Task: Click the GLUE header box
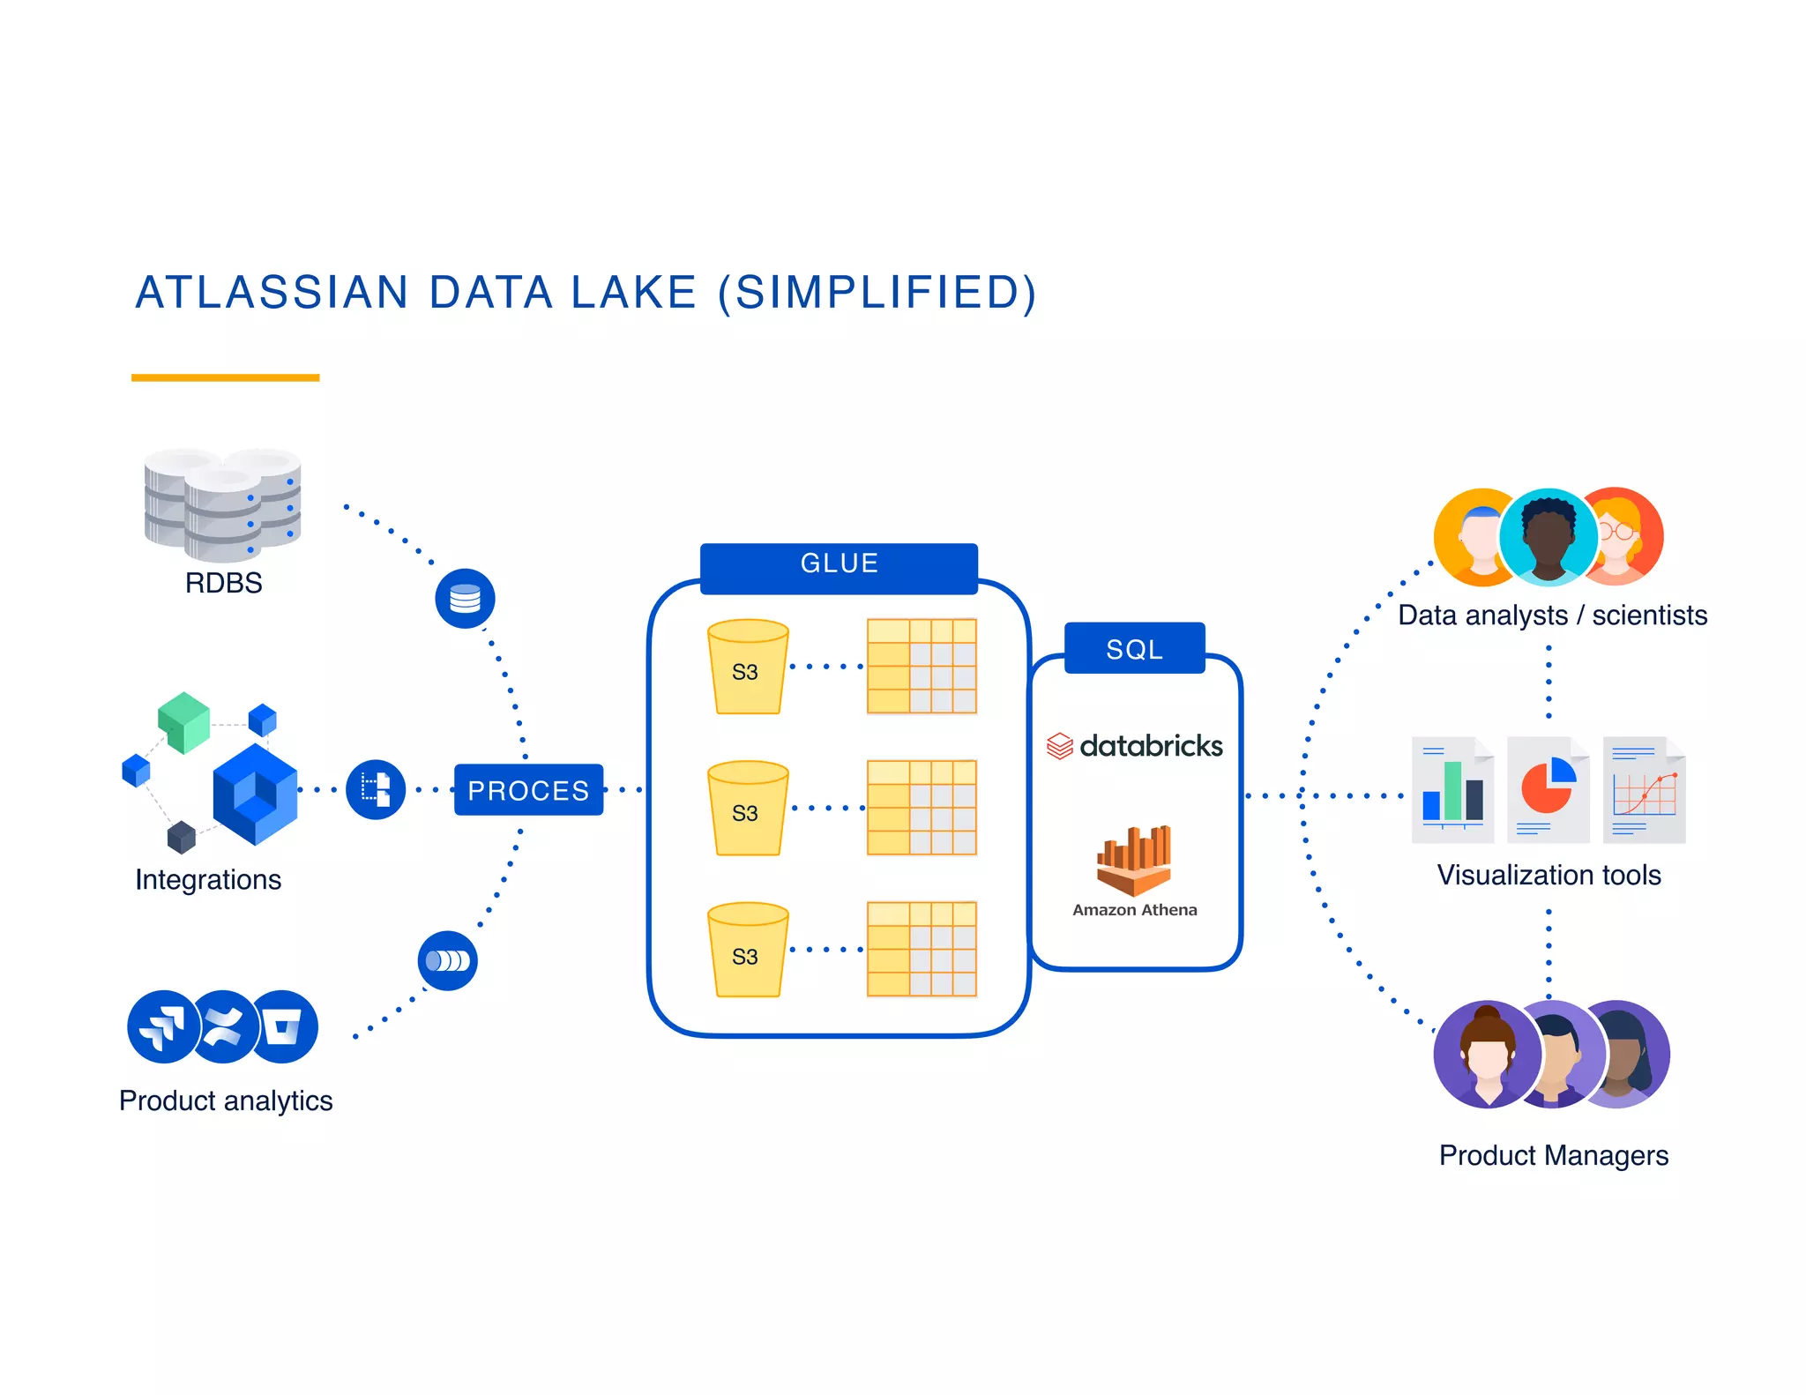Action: [x=839, y=564]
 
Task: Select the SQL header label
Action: [x=1134, y=649]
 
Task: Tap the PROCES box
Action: [x=528, y=790]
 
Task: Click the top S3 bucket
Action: [x=747, y=668]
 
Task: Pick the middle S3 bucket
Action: [x=747, y=809]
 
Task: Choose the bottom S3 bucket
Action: [x=747, y=951]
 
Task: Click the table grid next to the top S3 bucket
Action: [x=922, y=667]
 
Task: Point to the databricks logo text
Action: [x=1150, y=747]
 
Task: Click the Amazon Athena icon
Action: [x=1134, y=860]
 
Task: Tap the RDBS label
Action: [x=223, y=584]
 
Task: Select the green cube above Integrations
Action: [x=184, y=722]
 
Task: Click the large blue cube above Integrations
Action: [x=255, y=794]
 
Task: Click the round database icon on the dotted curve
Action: [x=465, y=600]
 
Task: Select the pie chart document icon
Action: [x=1548, y=790]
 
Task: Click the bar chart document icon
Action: [x=1452, y=790]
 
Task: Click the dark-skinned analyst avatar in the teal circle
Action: [x=1549, y=537]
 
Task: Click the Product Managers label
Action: [x=1553, y=1155]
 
